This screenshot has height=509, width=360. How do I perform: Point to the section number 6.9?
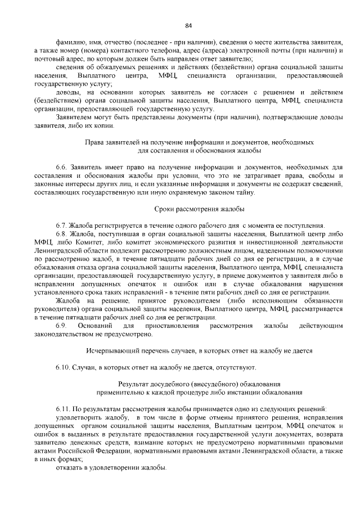pyautogui.click(x=61, y=326)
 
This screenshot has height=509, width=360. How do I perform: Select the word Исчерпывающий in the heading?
pyautogui.click(x=111, y=351)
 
